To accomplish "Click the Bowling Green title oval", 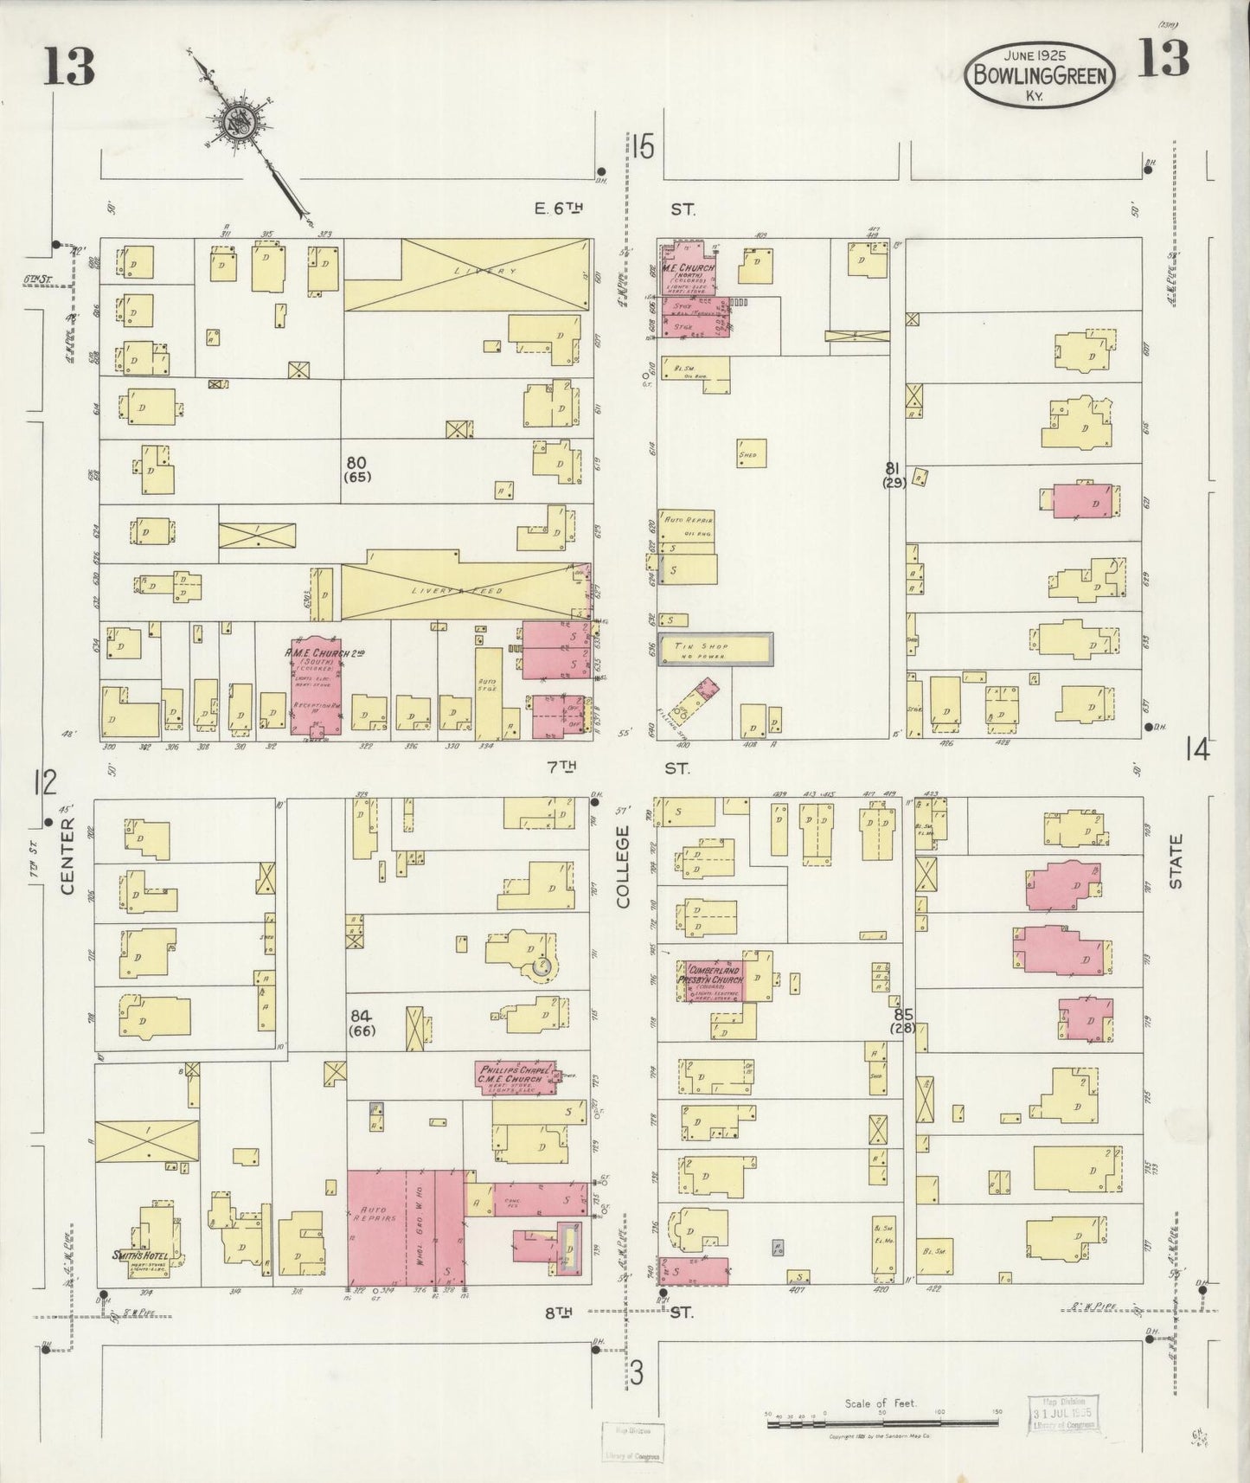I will coord(1040,74).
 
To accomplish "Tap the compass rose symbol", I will coord(234,122).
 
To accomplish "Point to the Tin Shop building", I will coord(715,649).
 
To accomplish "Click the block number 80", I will coord(356,462).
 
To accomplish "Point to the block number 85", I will coord(904,1013).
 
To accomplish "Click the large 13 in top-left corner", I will coord(68,67).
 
